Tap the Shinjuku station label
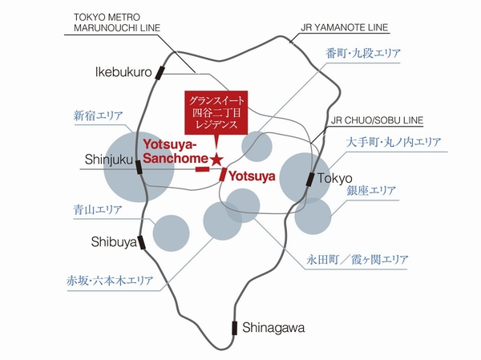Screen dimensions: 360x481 (x=107, y=160)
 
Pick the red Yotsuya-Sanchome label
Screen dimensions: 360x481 (x=176, y=150)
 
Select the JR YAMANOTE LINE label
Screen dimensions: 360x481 (x=345, y=27)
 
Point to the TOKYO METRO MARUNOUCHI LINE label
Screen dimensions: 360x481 (x=117, y=23)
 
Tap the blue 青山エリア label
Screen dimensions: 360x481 (x=97, y=210)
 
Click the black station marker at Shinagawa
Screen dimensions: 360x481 (x=235, y=327)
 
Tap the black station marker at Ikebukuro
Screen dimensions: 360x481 (x=160, y=74)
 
